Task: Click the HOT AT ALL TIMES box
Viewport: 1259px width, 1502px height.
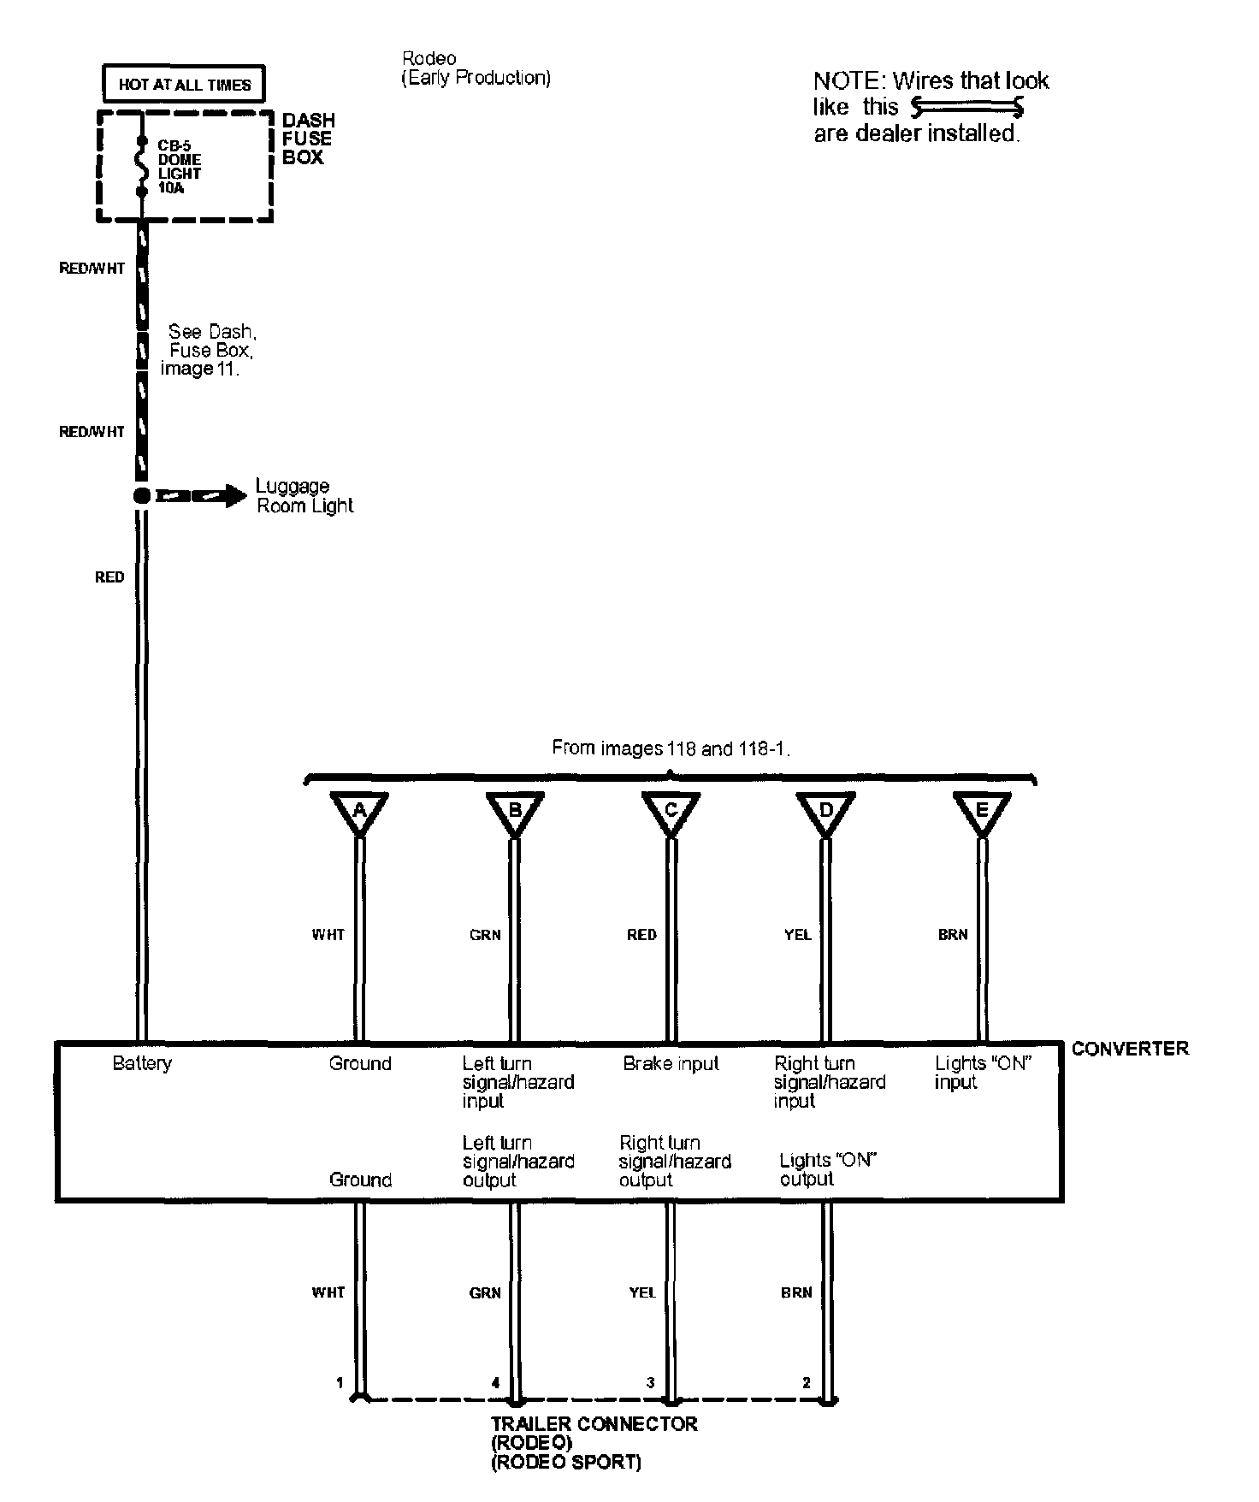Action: click(x=184, y=85)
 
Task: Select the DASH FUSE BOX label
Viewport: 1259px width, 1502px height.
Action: click(x=308, y=139)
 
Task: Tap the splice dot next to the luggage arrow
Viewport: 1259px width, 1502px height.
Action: click(x=142, y=496)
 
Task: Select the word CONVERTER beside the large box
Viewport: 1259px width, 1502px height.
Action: click(x=1129, y=1049)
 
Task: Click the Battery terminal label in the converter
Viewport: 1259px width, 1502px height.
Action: click(x=142, y=1063)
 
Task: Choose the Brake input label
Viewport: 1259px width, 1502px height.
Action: click(x=671, y=1063)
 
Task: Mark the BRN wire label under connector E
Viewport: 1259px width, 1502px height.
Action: click(x=952, y=935)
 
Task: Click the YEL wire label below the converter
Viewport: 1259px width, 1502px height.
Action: click(x=641, y=1292)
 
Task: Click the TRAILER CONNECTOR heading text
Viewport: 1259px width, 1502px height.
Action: click(x=594, y=1424)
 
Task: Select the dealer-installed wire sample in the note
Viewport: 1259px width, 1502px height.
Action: click(x=967, y=107)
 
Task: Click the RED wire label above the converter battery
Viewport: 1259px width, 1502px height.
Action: click(x=109, y=577)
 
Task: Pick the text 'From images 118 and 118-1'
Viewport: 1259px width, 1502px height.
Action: click(x=671, y=748)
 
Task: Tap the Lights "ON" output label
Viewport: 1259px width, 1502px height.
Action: click(x=828, y=1169)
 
